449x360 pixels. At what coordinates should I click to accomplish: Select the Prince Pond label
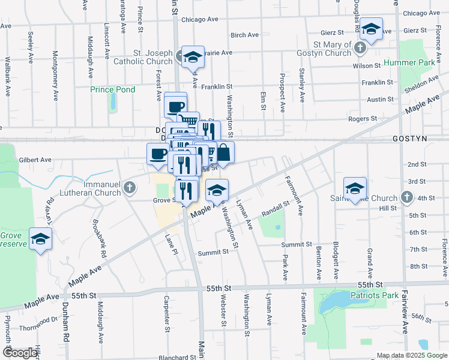click(x=112, y=89)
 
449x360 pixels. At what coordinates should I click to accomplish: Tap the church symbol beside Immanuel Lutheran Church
click(x=128, y=189)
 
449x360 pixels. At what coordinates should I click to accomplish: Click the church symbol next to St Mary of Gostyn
click(x=360, y=47)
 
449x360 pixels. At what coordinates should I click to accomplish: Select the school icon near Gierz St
click(x=371, y=29)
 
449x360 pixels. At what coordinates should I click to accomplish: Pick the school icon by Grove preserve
click(x=41, y=239)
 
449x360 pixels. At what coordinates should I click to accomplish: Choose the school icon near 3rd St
click(x=355, y=188)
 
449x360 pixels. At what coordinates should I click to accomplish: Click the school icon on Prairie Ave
click(x=193, y=56)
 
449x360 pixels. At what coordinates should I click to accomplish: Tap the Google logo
click(x=20, y=353)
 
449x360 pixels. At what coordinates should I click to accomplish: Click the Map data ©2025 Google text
click(x=412, y=355)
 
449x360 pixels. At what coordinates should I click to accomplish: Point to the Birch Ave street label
click(x=244, y=35)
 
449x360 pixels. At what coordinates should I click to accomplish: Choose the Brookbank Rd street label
click(x=99, y=239)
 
